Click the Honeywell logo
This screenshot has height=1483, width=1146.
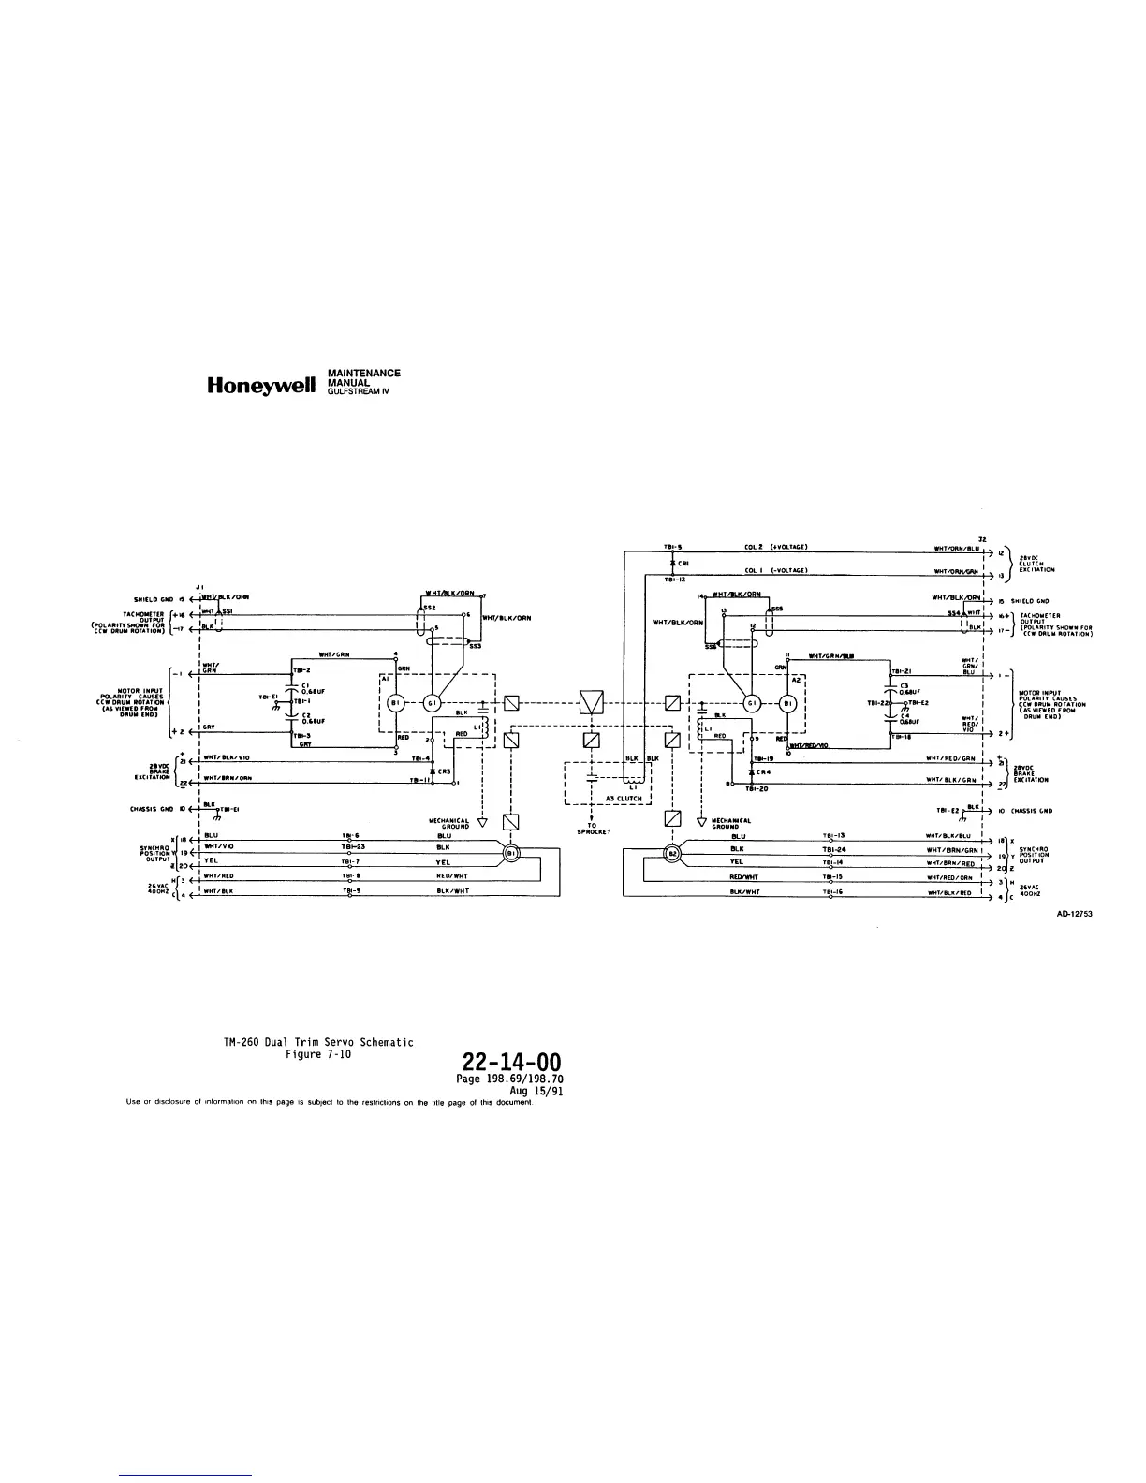point(266,384)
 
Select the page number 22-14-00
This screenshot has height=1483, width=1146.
point(511,1063)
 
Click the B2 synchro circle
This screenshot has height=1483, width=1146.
point(671,853)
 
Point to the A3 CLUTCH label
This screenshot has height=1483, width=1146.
point(622,799)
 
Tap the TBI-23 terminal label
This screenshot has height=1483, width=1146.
point(352,846)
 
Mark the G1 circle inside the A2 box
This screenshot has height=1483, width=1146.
point(751,703)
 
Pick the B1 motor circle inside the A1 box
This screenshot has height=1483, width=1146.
point(396,703)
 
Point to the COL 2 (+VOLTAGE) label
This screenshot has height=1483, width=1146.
point(775,547)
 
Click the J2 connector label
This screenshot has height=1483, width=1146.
point(980,538)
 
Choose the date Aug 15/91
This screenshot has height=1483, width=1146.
point(535,1092)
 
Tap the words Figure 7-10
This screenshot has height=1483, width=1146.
point(318,1053)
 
